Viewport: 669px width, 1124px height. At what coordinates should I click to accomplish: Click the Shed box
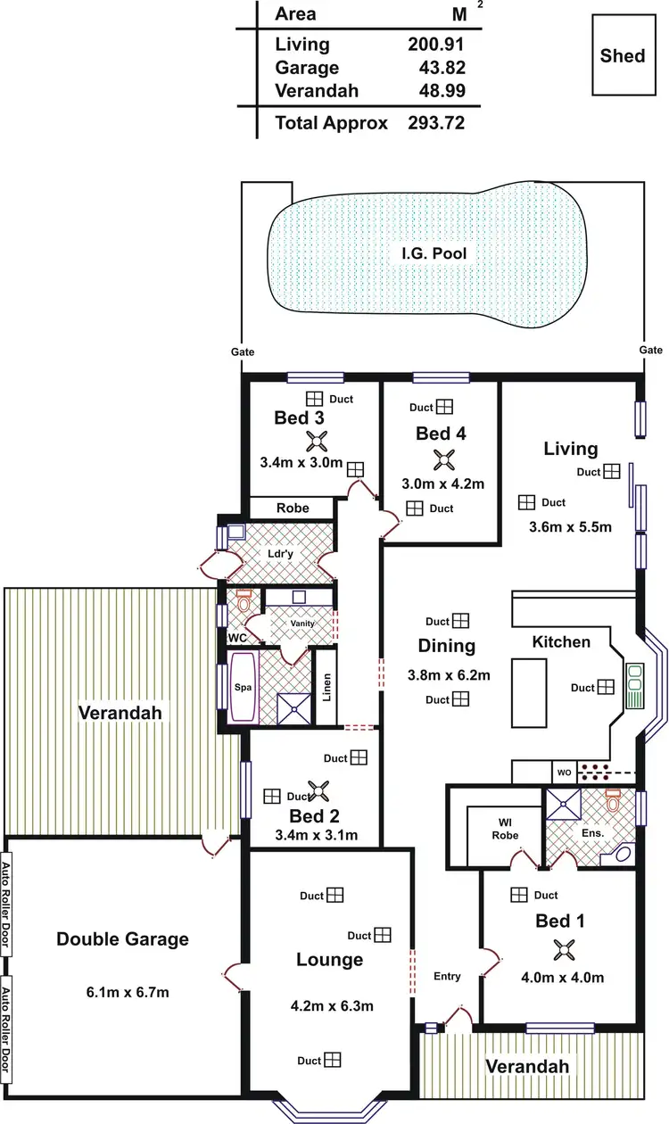point(623,55)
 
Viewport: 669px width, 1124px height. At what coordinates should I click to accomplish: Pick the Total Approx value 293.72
point(435,123)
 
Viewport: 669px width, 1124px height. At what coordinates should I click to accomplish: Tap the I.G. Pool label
point(434,253)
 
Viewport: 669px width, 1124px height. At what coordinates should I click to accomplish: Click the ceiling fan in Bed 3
point(317,440)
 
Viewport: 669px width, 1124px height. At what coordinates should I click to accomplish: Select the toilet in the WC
point(244,604)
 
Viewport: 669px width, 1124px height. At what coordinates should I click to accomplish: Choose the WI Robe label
point(505,830)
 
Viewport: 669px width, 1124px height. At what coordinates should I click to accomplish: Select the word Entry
point(447,976)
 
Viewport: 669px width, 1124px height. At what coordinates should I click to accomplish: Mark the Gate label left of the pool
point(242,352)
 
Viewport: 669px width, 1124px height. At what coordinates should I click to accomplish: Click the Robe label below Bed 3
point(293,508)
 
